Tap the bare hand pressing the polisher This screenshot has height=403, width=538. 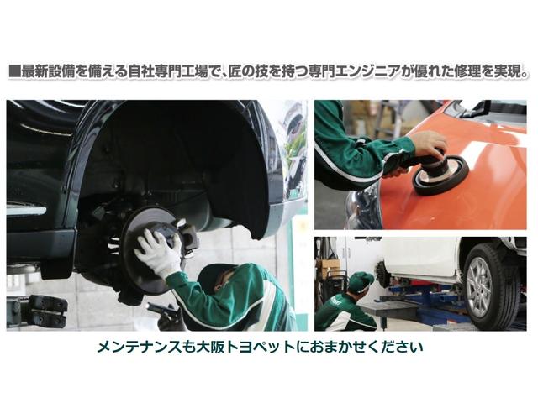pyautogui.click(x=429, y=144)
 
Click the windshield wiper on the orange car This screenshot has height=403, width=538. pyautogui.click(x=471, y=109)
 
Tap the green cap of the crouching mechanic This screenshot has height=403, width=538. pyautogui.click(x=359, y=280)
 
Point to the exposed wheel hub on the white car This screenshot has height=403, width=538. pyautogui.click(x=382, y=273)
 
